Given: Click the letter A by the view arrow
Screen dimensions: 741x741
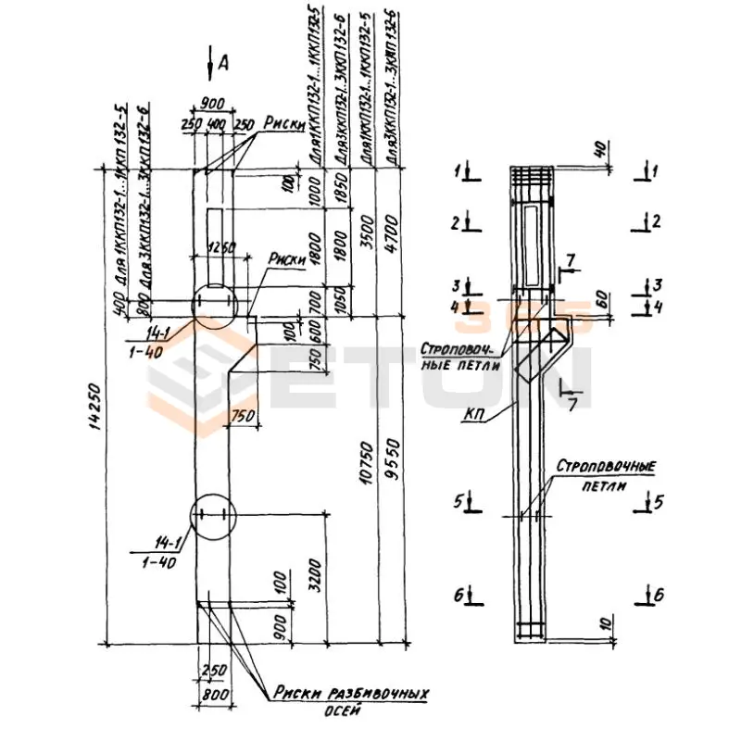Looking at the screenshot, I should point(223,62).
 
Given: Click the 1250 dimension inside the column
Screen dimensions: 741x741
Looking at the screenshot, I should point(220,247).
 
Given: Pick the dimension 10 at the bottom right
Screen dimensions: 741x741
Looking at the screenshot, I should point(603,622).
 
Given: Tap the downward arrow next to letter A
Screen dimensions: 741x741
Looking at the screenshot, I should point(210,63).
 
